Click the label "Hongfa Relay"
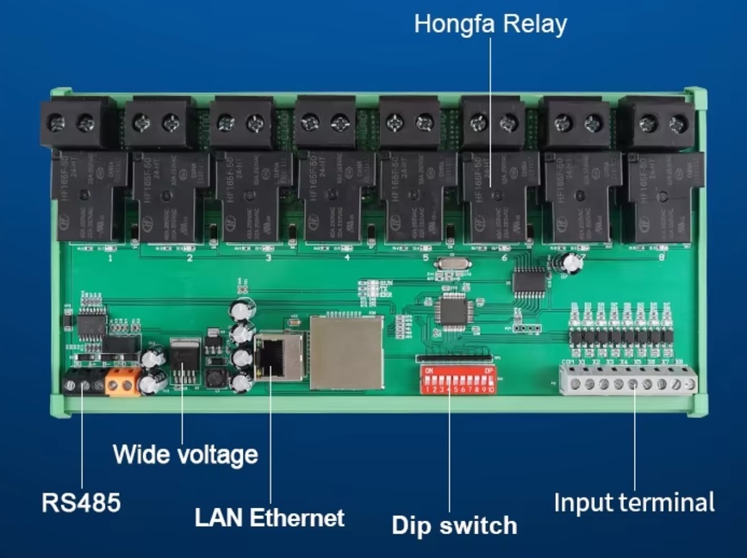[490, 23]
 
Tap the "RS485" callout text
[81, 502]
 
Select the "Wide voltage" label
[185, 453]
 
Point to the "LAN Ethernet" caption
[269, 518]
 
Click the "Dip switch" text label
[454, 524]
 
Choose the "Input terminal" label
[633, 502]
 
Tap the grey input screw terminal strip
[628, 380]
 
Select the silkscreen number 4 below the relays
[346, 257]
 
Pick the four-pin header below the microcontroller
[522, 328]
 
